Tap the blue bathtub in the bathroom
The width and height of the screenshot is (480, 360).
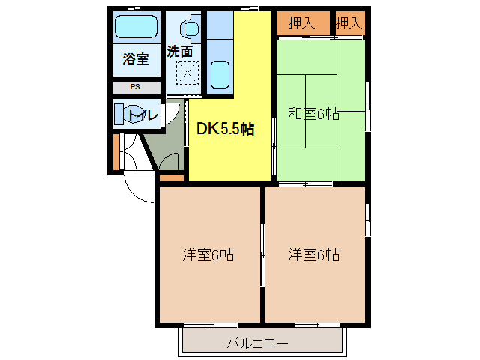tap(136, 28)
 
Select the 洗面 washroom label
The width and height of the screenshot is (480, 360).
tap(180, 51)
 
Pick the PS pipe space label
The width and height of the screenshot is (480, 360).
tap(135, 87)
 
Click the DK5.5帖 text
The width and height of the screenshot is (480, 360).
tap(225, 129)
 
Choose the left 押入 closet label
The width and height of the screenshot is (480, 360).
tap(301, 23)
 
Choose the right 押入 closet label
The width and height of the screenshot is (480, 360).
tap(349, 23)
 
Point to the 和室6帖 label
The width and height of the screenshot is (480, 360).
tap(314, 114)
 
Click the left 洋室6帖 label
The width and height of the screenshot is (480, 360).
tap(208, 255)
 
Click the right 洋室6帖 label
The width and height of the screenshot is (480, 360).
tap(314, 255)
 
